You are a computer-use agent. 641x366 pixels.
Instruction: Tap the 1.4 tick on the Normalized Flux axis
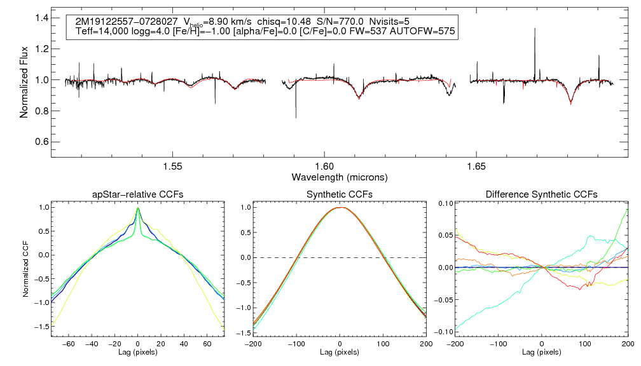point(41,18)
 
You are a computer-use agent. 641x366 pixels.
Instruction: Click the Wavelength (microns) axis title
point(339,177)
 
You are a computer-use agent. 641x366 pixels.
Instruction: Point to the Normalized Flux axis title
point(24,80)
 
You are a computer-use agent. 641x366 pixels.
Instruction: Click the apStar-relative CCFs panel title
point(138,194)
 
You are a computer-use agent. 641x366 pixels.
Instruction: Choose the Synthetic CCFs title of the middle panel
point(340,194)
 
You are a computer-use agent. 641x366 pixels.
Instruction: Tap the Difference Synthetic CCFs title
point(541,194)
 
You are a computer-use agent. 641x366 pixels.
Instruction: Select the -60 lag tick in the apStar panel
point(70,343)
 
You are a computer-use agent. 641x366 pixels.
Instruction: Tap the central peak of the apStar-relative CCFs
point(138,208)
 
